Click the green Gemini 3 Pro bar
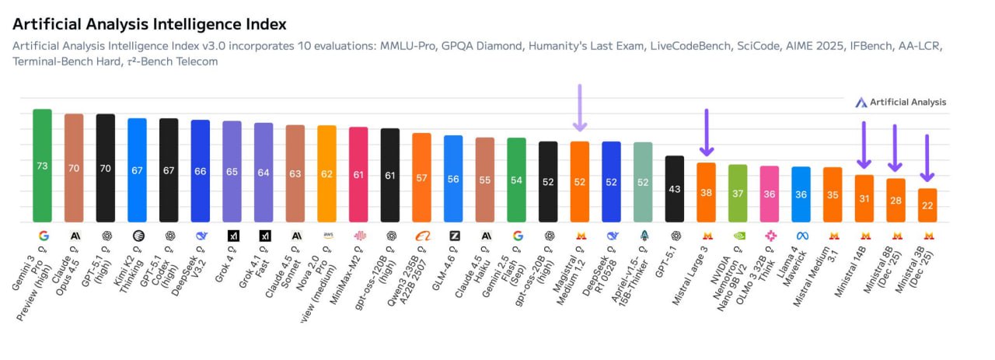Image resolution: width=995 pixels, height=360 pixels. (42, 165)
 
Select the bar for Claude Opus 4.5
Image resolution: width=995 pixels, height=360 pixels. (74, 167)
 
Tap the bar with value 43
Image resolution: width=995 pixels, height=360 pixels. (675, 188)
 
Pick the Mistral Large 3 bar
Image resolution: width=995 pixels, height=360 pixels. (706, 192)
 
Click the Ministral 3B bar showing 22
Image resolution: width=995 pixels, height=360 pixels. (927, 204)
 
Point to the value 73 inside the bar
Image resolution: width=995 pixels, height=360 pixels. (42, 166)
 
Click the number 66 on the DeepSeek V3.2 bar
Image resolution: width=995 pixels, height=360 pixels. (200, 171)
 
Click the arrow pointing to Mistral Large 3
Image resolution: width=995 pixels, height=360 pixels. (706, 132)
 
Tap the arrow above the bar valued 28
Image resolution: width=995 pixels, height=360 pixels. (895, 148)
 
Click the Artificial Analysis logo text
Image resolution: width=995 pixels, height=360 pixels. (907, 102)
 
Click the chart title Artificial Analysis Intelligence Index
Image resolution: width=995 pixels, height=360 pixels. (149, 25)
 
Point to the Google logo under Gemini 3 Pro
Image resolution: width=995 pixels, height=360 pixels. (42, 235)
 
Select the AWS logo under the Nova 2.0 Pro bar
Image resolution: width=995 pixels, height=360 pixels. (326, 235)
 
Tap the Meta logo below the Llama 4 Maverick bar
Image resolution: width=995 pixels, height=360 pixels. (801, 235)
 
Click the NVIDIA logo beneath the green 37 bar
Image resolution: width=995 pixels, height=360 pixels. (738, 235)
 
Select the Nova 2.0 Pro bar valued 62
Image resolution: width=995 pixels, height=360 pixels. (326, 173)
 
